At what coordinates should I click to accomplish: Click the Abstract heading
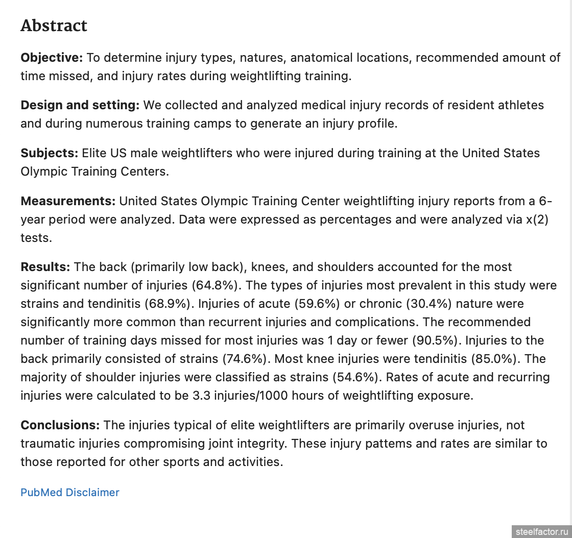point(54,26)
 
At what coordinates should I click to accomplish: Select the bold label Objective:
point(51,58)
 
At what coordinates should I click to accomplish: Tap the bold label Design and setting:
point(80,106)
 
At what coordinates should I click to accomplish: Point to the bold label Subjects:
point(49,153)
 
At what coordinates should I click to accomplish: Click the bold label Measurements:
point(68,201)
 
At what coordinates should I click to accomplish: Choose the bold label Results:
point(45,267)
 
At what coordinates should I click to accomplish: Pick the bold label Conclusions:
point(60,425)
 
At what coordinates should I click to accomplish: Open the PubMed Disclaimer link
point(70,493)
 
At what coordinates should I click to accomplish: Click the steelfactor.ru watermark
point(541,531)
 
